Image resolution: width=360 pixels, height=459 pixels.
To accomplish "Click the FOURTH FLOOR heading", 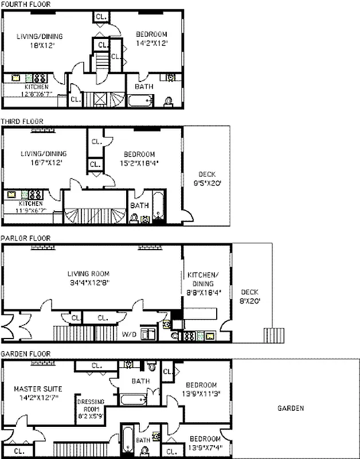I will [25, 4].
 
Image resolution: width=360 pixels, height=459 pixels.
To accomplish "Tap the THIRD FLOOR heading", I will [22, 122].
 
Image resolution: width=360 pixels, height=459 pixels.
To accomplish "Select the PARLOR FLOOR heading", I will [25, 238].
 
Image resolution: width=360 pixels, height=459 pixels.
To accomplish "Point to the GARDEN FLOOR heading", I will [25, 354].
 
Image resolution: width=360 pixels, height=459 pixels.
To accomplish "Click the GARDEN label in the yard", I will [291, 409].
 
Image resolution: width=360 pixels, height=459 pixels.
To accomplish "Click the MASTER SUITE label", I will [38, 388].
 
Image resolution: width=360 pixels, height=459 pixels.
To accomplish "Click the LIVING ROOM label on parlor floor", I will [92, 274].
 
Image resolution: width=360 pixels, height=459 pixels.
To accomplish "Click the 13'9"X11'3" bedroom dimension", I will [201, 393].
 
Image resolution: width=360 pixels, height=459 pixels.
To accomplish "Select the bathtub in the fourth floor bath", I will [140, 102].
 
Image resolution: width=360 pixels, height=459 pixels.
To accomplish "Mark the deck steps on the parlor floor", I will [273, 334].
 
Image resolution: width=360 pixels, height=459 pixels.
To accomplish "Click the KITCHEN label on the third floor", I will [30, 204].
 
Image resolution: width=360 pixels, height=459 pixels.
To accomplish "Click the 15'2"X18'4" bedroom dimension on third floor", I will [140, 163].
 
